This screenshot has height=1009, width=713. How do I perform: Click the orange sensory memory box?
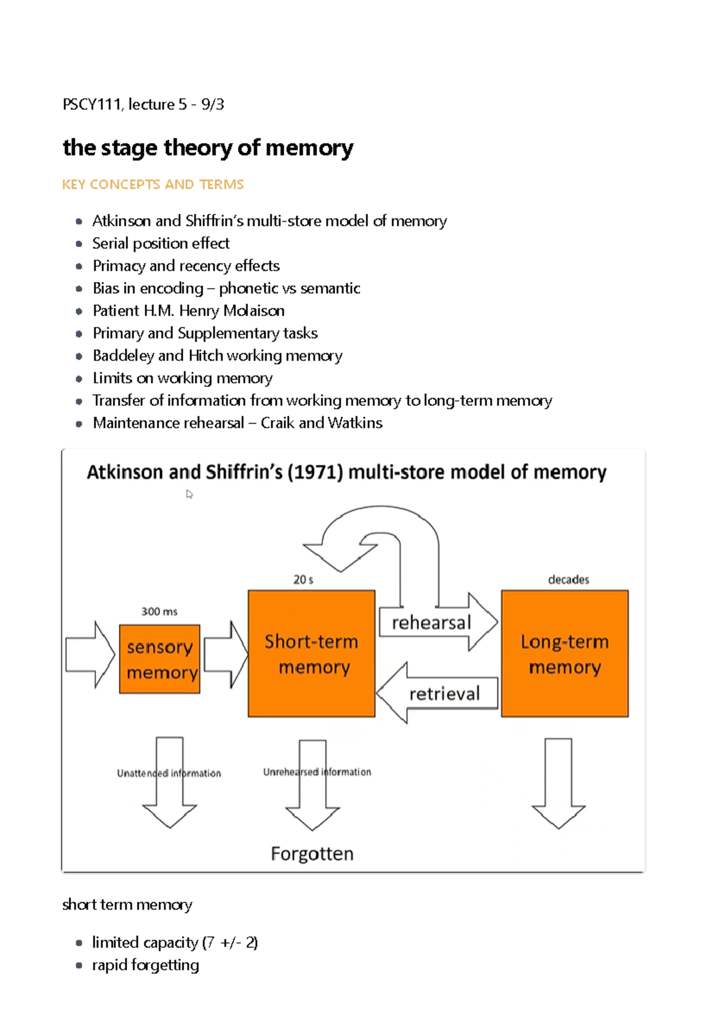159,659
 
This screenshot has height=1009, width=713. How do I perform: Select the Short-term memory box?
311,654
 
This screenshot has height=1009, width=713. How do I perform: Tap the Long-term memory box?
564,654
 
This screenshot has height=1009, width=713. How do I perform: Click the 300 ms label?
159,611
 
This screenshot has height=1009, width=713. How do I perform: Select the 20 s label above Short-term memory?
303,579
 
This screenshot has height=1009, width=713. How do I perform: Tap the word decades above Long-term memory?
568,579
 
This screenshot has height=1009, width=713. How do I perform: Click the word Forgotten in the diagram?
312,854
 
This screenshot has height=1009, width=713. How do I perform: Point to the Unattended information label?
169,773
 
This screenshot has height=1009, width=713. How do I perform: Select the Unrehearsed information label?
317,772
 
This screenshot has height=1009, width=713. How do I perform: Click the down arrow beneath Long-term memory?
559,784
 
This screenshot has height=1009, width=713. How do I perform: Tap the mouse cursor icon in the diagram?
189,494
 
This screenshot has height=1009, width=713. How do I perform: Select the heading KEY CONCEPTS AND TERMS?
153,185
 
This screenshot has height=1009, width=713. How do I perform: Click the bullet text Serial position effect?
160,244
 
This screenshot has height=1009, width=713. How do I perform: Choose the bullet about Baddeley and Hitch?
217,356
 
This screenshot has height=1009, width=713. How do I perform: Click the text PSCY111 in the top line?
92,105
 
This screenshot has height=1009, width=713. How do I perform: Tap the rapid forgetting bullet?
146,965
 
